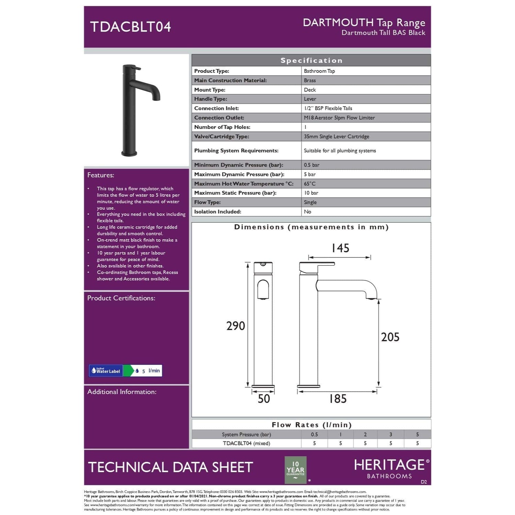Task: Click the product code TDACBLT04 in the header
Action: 130,27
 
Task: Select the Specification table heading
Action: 311,60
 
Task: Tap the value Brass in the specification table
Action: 310,80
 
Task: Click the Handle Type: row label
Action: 210,99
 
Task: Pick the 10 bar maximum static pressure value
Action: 311,193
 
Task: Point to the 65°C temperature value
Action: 310,184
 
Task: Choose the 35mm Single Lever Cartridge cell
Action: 336,136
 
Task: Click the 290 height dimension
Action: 236,326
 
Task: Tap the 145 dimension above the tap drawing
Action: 340,248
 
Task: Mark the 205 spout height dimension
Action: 390,337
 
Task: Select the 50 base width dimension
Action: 264,399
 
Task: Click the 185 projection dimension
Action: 338,399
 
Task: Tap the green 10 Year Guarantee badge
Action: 295,469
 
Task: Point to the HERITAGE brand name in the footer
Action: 390,465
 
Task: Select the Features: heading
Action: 101,175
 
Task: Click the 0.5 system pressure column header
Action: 314,434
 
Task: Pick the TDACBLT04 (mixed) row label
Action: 247,443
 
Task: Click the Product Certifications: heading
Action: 121,298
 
